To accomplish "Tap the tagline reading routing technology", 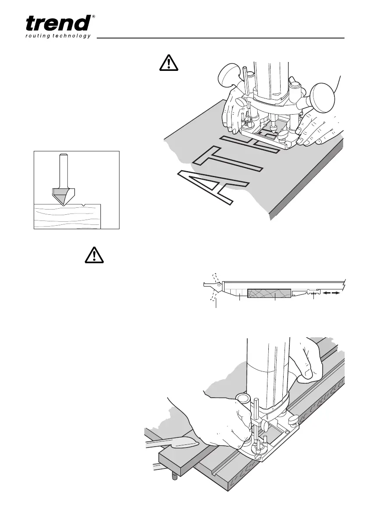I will point(57,36).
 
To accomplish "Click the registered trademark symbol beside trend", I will point(93,17).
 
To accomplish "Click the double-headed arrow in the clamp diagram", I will point(333,294).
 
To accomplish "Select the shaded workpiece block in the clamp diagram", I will point(270,293).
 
